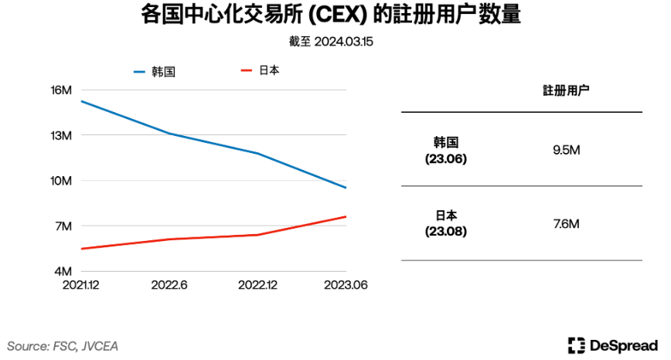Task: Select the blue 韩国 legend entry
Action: pyautogui.click(x=155, y=72)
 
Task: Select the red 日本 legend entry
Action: pyautogui.click(x=261, y=70)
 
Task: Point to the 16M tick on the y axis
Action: pyautogui.click(x=61, y=90)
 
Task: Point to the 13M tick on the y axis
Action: pyautogui.click(x=61, y=135)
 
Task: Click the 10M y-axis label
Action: pyautogui.click(x=61, y=181)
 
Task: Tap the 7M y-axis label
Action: pyautogui.click(x=63, y=226)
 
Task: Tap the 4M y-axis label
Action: pyautogui.click(x=63, y=272)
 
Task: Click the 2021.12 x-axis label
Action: pyautogui.click(x=80, y=285)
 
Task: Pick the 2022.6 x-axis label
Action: pyautogui.click(x=169, y=285)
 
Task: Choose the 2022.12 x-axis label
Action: pyautogui.click(x=257, y=285)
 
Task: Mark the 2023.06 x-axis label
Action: pyautogui.click(x=344, y=285)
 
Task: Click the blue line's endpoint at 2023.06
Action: pyautogui.click(x=346, y=188)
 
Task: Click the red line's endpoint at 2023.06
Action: pyautogui.click(x=346, y=216)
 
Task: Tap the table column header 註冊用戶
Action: pyautogui.click(x=565, y=91)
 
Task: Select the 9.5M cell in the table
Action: pyautogui.click(x=566, y=150)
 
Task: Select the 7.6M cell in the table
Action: pyautogui.click(x=566, y=224)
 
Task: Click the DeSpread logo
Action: pyautogui.click(x=611, y=345)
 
